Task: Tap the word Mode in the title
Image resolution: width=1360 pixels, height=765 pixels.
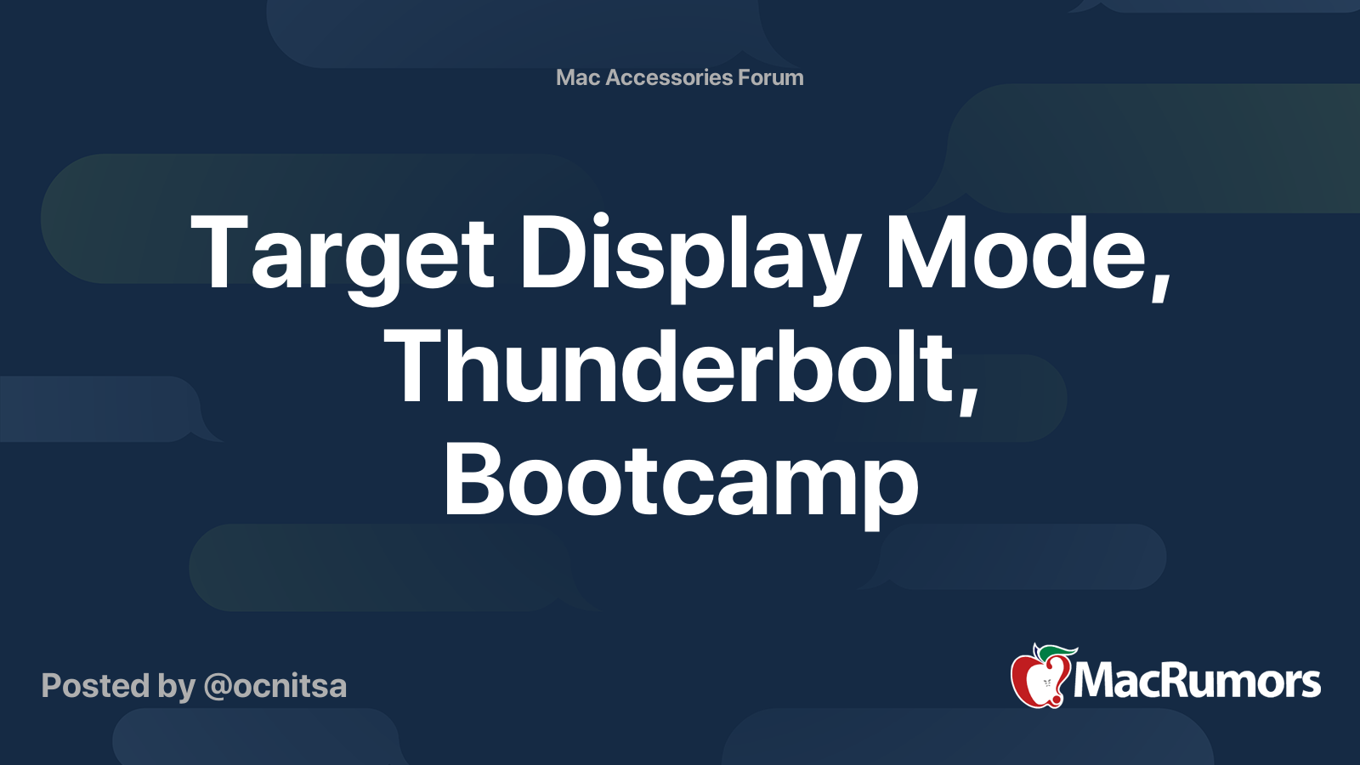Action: point(1016,253)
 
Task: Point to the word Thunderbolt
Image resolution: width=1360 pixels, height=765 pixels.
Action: point(671,367)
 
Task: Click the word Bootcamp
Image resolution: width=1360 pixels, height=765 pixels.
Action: point(680,483)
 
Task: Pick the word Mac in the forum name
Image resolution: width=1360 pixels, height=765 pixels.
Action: point(578,77)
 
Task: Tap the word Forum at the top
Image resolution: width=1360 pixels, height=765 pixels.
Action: point(771,77)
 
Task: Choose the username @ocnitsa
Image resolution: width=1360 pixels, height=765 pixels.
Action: point(275,686)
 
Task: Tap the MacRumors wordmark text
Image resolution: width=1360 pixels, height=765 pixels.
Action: point(1197,681)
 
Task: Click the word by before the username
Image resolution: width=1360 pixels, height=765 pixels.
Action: point(176,686)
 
